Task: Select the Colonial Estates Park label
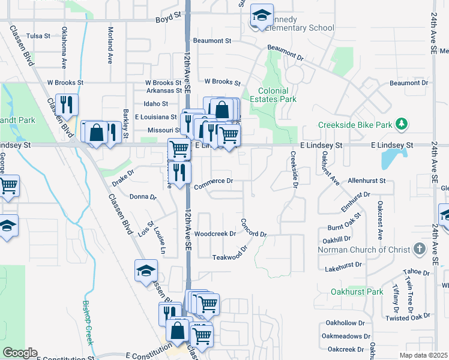(x=277, y=95)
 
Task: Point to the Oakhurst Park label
(x=357, y=292)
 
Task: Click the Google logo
(x=19, y=353)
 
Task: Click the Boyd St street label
(x=167, y=19)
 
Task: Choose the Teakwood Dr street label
(x=230, y=256)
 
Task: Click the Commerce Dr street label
(x=213, y=181)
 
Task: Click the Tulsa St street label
(x=38, y=36)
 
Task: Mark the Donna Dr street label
(x=143, y=196)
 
